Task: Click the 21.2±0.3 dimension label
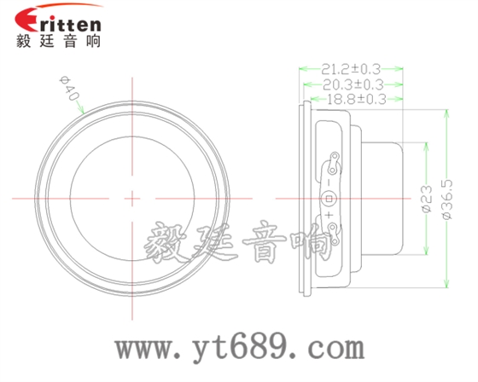coord(351,69)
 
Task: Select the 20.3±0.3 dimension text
coord(353,84)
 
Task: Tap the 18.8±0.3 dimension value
coord(358,99)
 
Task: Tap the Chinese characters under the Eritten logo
coord(58,41)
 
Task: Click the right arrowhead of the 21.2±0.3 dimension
coord(400,69)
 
